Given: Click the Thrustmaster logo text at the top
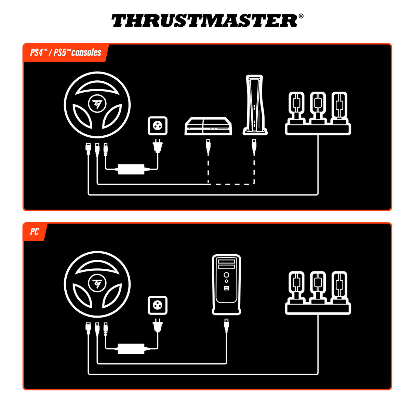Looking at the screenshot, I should pos(204,21).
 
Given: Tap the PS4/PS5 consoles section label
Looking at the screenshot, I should pos(66,53).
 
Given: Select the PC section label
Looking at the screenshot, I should pos(34,232).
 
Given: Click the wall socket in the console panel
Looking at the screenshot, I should pos(158,126).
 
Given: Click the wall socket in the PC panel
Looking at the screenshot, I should pos(158,305).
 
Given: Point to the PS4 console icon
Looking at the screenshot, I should pos(208,126).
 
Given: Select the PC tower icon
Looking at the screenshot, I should pos(226,284).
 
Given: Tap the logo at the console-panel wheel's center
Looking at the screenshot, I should pos(97,104).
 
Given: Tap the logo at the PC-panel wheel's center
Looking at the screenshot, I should pos(97,283).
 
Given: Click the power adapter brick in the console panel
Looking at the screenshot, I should pos(131,169).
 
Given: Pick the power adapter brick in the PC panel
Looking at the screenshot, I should pos(131,349).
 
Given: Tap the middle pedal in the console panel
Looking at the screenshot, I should pos(318,107).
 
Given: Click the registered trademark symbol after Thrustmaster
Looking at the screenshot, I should pos(301,16).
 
